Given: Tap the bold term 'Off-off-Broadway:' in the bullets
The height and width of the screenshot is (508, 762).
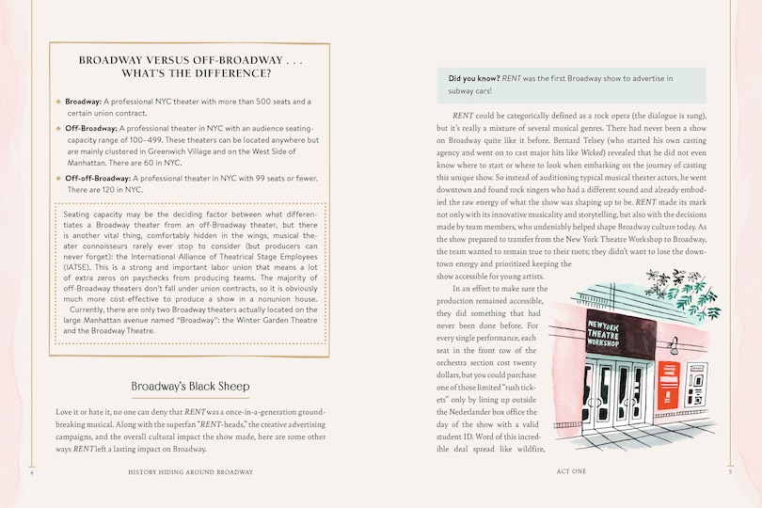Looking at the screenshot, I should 98,178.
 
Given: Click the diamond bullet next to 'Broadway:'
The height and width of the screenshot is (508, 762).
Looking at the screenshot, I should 57,101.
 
